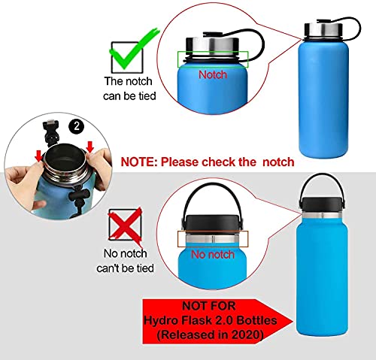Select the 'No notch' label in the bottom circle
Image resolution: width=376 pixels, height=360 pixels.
tap(212, 254)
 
